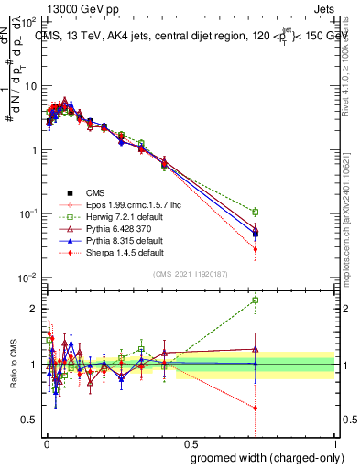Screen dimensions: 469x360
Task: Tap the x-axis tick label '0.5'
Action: coord(191,442)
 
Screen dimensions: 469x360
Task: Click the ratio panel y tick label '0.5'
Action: coord(29,420)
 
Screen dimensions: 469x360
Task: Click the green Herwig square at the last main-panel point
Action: coord(256,212)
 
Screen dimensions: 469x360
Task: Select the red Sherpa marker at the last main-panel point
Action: coord(256,249)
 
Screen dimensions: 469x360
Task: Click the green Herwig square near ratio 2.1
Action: coord(256,300)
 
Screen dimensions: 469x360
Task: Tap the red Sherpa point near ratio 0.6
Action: coord(256,408)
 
